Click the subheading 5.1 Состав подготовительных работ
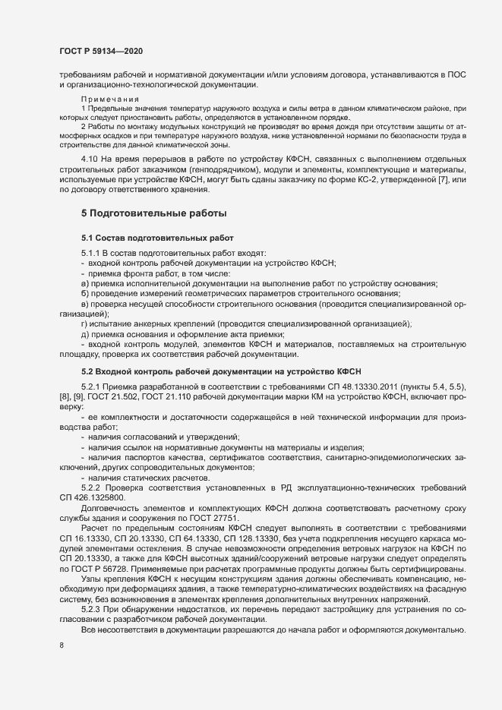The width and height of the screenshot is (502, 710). coord(152,238)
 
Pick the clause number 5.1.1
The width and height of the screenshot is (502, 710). coord(92,252)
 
